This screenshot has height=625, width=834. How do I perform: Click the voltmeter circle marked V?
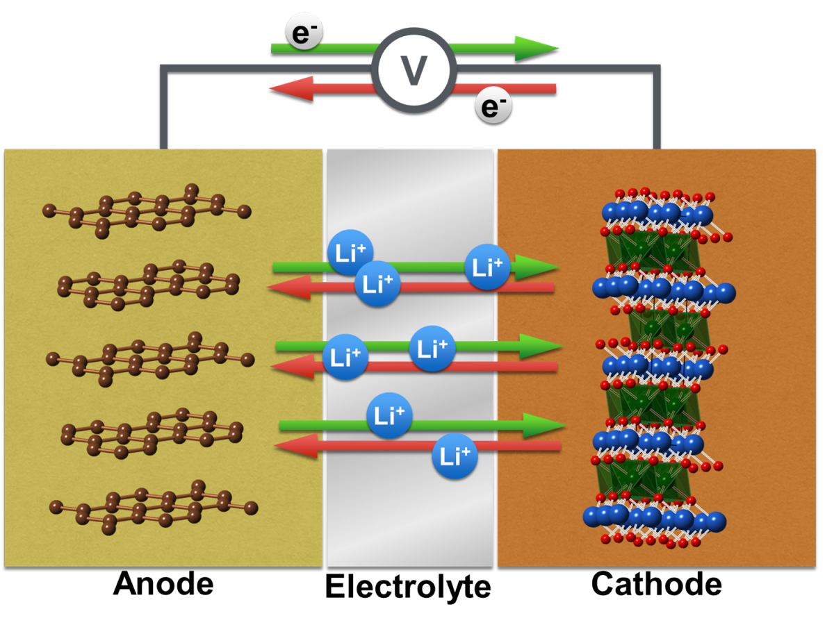click(x=414, y=69)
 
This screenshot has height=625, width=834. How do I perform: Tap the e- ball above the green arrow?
click(x=304, y=32)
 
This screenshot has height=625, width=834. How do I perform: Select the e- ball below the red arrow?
click(x=493, y=106)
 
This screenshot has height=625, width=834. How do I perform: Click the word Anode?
click(x=163, y=584)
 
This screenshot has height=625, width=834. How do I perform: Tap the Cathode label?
click(x=657, y=584)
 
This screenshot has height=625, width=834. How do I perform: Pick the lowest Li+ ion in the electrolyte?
click(x=455, y=457)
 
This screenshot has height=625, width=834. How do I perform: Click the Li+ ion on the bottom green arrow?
click(x=389, y=415)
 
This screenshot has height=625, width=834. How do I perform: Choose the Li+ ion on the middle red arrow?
click(x=345, y=357)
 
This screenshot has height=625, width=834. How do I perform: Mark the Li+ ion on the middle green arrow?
click(x=432, y=348)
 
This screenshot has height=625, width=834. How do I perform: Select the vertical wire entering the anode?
click(x=164, y=111)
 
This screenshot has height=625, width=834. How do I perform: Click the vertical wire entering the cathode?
click(x=656, y=111)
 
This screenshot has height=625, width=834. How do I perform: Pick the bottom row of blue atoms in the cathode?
click(x=653, y=517)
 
